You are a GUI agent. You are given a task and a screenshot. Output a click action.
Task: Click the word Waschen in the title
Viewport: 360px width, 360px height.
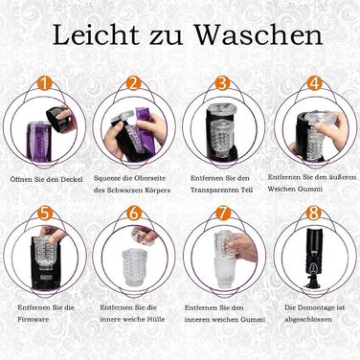tap(259, 34)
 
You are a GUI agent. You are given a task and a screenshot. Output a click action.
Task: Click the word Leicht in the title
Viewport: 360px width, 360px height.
tap(96, 34)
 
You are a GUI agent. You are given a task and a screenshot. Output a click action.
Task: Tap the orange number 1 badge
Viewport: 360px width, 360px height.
tap(45, 83)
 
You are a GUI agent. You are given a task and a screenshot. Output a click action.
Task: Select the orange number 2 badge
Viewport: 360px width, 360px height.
tap(134, 83)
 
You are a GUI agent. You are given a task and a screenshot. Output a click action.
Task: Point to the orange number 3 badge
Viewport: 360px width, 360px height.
tap(222, 83)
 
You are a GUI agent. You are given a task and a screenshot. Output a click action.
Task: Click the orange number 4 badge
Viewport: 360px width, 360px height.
tap(315, 83)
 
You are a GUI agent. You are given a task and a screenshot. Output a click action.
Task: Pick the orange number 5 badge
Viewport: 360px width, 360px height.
tap(45, 213)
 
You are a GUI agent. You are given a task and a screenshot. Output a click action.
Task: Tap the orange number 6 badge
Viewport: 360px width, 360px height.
tap(134, 213)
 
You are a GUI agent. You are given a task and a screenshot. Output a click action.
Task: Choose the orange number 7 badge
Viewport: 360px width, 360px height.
tap(223, 213)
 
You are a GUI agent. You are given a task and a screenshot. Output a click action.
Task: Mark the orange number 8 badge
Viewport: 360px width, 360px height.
tap(313, 213)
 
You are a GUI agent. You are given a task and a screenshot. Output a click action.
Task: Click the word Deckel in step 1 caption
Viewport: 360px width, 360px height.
tap(73, 179)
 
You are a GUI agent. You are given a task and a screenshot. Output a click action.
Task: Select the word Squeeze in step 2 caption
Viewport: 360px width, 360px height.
tap(107, 178)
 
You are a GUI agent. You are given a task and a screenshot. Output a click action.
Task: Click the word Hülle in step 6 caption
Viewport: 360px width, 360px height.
tap(156, 319)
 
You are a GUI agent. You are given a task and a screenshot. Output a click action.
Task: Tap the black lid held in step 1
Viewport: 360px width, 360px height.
tap(58, 119)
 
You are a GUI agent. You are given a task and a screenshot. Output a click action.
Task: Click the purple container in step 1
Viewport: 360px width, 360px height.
tap(38, 142)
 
